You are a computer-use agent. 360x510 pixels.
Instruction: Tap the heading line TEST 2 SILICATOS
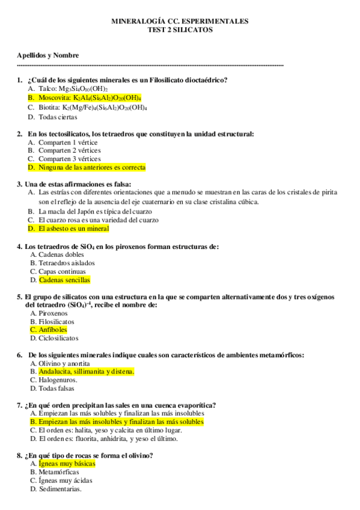(180, 29)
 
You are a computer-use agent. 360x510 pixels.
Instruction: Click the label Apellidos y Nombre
(48, 55)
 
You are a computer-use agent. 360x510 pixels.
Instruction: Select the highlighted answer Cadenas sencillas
(64, 280)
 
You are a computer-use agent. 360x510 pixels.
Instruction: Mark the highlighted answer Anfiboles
(53, 330)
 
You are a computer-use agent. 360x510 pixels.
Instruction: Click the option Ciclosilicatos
(58, 339)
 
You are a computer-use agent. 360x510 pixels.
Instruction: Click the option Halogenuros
(58, 380)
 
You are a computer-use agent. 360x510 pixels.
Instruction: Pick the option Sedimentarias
(59, 489)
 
